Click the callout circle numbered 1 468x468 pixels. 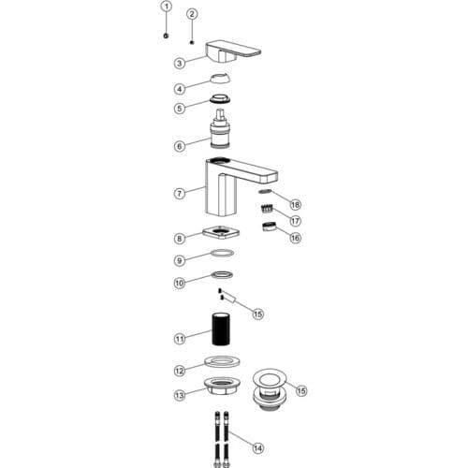click(x=167, y=6)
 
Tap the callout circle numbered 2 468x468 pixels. click(x=192, y=14)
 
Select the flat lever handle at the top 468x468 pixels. click(x=233, y=51)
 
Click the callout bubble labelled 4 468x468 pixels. click(x=180, y=89)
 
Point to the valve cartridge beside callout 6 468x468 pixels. click(x=221, y=128)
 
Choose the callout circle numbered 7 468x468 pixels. click(x=180, y=194)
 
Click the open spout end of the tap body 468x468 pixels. click(x=269, y=177)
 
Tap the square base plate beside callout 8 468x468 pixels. click(x=221, y=233)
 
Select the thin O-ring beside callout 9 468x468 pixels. click(x=222, y=253)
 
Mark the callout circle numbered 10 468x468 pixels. click(x=180, y=284)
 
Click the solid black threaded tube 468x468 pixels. click(x=222, y=329)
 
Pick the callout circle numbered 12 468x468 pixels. click(x=180, y=371)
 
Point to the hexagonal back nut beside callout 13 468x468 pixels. click(x=222, y=387)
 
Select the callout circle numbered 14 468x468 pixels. click(x=257, y=448)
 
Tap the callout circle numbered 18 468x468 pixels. click(x=295, y=205)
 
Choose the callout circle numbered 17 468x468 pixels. click(x=295, y=221)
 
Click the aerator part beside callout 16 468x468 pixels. click(x=268, y=227)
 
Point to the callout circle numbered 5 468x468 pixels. click(x=180, y=109)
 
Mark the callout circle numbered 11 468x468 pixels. click(x=180, y=339)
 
